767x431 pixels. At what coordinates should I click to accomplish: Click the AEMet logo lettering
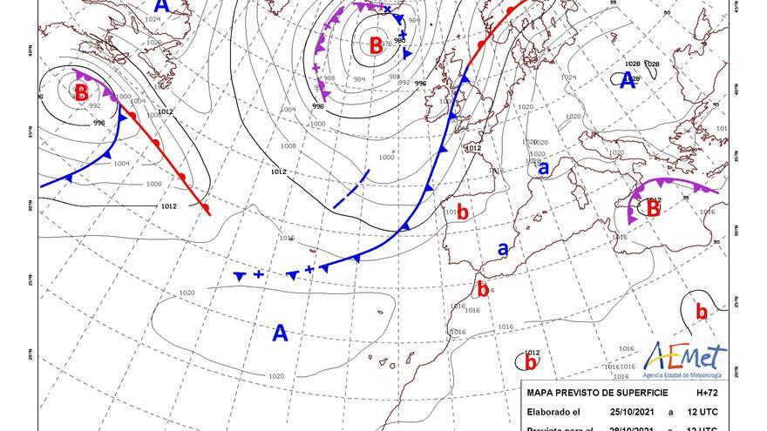pos(686,356)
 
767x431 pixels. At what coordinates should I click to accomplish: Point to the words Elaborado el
pos(553,412)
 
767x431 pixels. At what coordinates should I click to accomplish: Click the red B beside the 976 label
pos(376,46)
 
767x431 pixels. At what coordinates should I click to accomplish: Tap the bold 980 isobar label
pos(399,40)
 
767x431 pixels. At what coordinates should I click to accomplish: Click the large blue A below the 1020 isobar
pos(280,333)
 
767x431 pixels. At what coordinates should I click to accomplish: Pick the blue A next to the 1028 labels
pos(626,81)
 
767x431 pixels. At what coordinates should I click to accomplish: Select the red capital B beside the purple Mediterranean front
pos(653,209)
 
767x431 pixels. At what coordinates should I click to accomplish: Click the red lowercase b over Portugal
pos(463,212)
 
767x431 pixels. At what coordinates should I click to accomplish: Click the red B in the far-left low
pos(80,91)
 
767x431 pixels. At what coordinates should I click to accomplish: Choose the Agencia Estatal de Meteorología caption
pos(686,375)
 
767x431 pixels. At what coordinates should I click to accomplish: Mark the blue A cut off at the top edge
pos(160,5)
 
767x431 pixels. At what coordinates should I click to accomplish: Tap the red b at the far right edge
pos(701,311)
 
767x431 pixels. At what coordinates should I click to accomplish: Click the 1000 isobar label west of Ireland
pos(386,158)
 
